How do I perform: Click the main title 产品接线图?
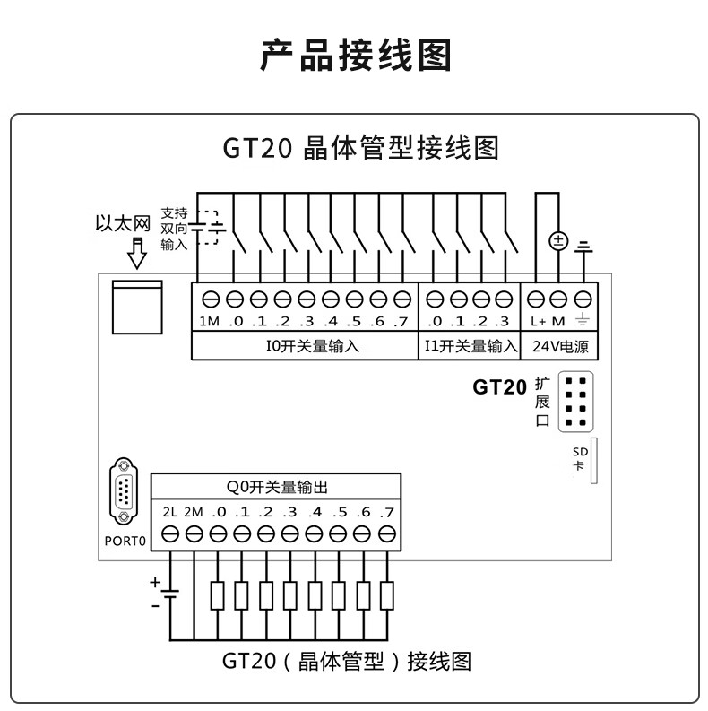coord(356,56)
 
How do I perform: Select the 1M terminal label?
coord(209,322)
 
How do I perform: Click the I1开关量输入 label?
coord(470,346)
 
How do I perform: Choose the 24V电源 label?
coord(561,346)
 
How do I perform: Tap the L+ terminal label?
coord(538,322)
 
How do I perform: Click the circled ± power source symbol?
coord(557,241)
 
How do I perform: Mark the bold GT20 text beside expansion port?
coord(499,388)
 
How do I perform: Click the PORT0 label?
coord(124,542)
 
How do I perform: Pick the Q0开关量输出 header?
coord(276,488)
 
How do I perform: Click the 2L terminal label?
coord(171,513)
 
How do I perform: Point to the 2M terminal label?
coord(194,513)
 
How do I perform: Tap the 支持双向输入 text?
coord(174,229)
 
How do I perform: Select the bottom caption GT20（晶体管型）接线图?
coord(347,662)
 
